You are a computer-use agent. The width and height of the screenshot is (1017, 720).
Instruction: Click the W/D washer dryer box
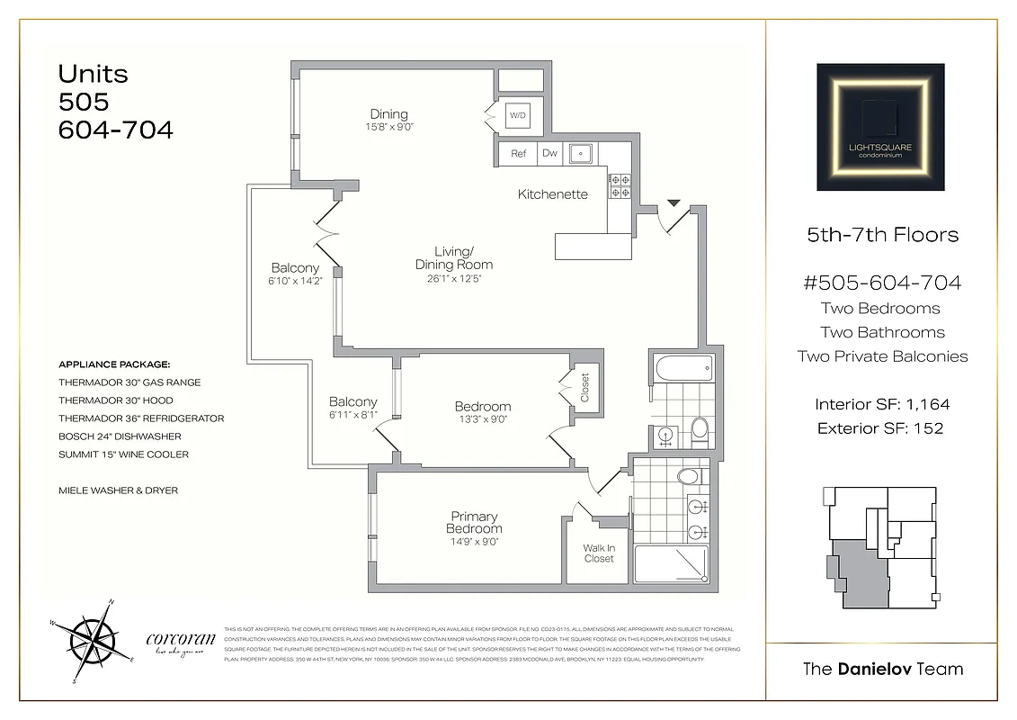click(518, 116)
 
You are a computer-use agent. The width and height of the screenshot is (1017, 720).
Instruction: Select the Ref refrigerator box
click(518, 154)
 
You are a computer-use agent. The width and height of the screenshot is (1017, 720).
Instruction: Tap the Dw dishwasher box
click(549, 154)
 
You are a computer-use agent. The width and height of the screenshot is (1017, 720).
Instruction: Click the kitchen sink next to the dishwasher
click(582, 154)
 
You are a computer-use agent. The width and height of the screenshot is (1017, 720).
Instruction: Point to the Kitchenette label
click(552, 194)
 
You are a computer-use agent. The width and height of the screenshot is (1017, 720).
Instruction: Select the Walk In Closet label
click(599, 553)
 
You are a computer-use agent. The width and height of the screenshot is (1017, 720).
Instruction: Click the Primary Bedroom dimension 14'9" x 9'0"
click(474, 541)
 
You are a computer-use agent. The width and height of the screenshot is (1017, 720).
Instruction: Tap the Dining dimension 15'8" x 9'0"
click(388, 127)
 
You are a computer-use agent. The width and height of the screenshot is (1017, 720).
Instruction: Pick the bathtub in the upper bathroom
click(683, 367)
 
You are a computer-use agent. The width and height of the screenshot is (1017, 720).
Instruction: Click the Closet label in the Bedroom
click(584, 389)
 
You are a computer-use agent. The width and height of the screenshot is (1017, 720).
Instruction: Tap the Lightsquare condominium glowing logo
click(880, 127)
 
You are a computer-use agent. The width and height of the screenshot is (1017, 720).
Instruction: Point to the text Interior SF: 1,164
click(881, 405)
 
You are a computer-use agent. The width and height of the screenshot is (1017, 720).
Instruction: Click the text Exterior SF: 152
click(880, 428)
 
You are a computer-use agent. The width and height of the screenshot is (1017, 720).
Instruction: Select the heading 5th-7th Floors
click(882, 236)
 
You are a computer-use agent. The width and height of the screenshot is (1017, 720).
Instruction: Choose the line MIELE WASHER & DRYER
click(118, 490)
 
